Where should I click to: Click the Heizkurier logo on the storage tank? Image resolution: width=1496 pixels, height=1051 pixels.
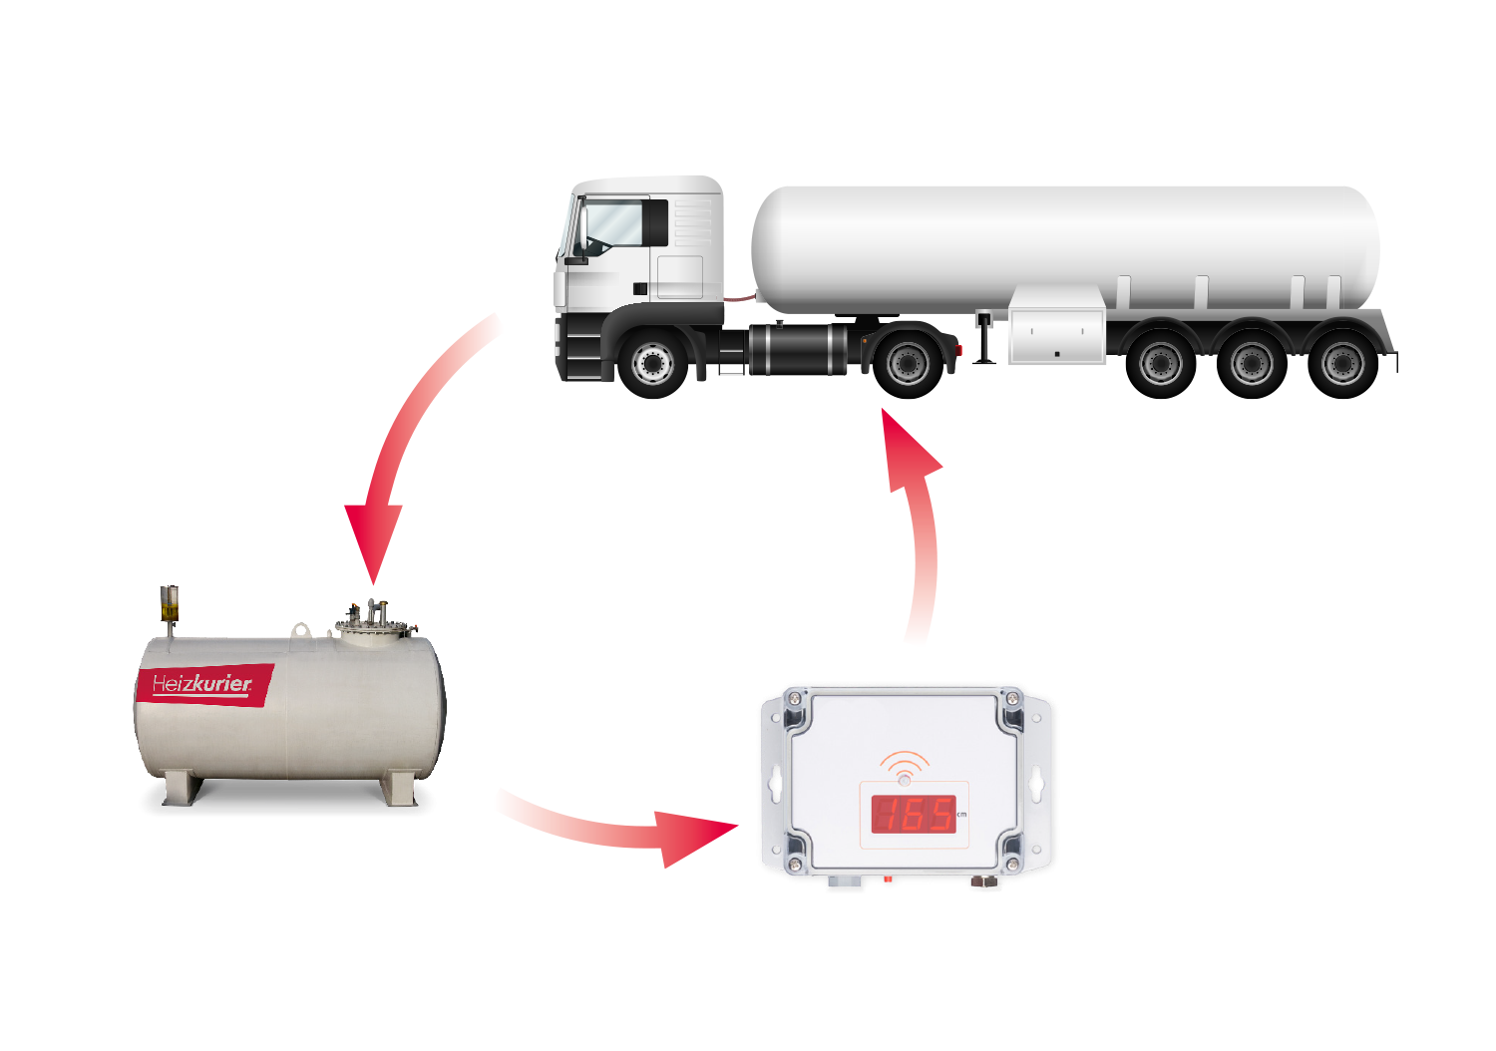pyautogui.click(x=204, y=684)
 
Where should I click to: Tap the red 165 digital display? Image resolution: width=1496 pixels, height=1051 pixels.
pyautogui.click(x=913, y=814)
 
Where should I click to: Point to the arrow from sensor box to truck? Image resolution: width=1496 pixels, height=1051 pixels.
pyautogui.click(x=925, y=527)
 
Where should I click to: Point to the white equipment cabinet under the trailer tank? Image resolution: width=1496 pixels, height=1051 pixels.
pyautogui.click(x=1056, y=325)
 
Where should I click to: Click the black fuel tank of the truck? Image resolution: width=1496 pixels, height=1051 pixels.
pyautogui.click(x=799, y=349)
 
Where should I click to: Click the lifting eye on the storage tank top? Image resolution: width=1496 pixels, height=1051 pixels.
pyautogui.click(x=300, y=629)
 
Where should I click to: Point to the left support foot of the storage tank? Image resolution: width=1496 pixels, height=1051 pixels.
pyautogui.click(x=182, y=789)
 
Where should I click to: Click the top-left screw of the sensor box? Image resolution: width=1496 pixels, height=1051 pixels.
pyautogui.click(x=794, y=698)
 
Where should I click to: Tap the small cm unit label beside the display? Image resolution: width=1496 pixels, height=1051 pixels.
pyautogui.click(x=961, y=815)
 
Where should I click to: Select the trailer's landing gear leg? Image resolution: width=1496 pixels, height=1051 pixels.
pyautogui.click(x=983, y=337)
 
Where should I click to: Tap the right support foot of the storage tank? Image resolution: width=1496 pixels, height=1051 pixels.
pyautogui.click(x=399, y=789)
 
